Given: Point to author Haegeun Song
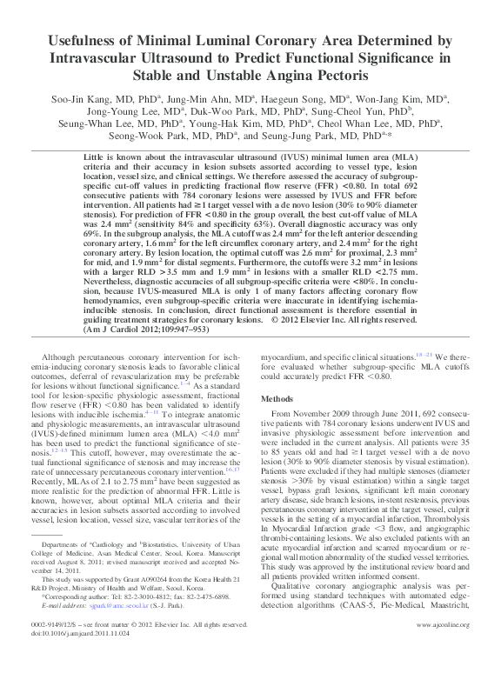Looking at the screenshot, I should [x=306, y=99].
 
